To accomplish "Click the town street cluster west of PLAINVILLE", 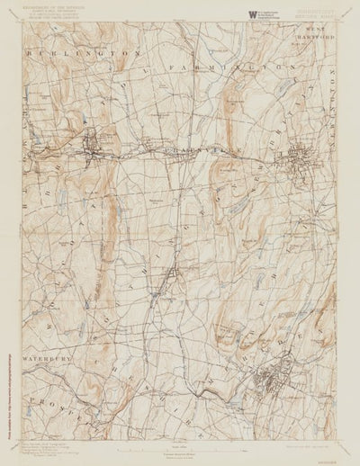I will click(92, 145).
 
